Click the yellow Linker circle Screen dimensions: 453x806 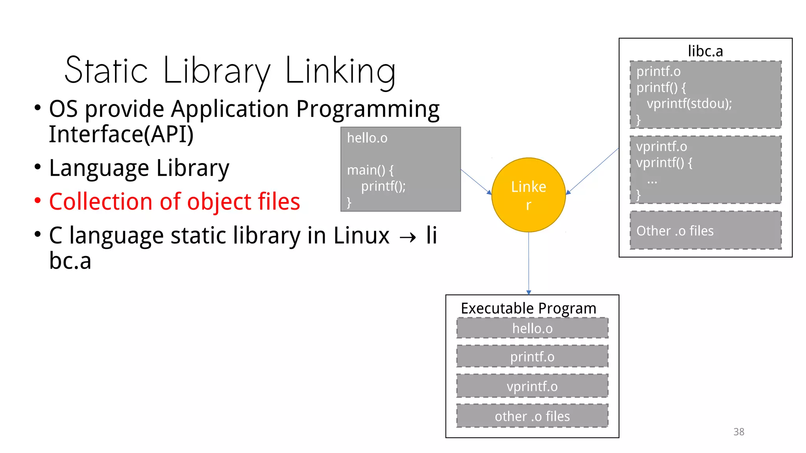coord(529,195)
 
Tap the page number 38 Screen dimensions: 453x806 coord(739,432)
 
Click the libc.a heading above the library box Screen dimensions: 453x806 coord(705,51)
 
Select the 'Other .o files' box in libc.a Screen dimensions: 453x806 coord(705,230)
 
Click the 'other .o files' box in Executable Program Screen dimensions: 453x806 coord(532,416)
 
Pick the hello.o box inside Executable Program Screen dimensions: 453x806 coord(532,328)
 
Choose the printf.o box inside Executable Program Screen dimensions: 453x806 coord(532,357)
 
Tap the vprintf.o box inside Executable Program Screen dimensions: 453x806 coord(532,386)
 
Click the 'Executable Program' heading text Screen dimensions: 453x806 coord(528,308)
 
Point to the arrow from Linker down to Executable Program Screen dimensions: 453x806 coord(529,263)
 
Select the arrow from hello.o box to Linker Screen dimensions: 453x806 coord(476,182)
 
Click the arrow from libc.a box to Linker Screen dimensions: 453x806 coord(592,171)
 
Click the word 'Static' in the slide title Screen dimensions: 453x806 coord(106,71)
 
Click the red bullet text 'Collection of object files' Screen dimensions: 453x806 coord(174,202)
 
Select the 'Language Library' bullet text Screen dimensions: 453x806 coord(139,168)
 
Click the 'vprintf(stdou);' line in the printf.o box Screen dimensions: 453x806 coord(689,104)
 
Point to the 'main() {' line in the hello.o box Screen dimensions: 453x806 coord(370,170)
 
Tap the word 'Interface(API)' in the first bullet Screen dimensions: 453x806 coord(121,134)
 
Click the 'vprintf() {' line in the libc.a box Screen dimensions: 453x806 coord(664,162)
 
